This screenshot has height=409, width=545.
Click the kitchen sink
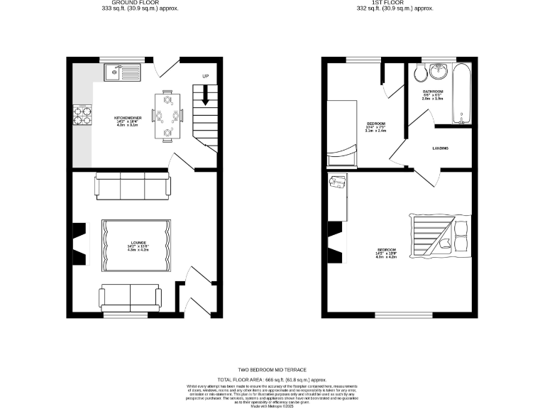pos(122,71)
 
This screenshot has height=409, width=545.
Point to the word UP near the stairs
pos(206,76)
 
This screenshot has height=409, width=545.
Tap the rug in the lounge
pos(136,245)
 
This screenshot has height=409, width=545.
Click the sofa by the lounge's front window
pos(130,295)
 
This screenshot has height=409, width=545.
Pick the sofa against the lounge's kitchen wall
pos(133,187)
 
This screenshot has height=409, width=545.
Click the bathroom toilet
pos(418,72)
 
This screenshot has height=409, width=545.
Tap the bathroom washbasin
pos(438,73)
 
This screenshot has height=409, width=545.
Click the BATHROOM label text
pos(433,92)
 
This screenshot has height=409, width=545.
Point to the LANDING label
pos(441,148)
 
